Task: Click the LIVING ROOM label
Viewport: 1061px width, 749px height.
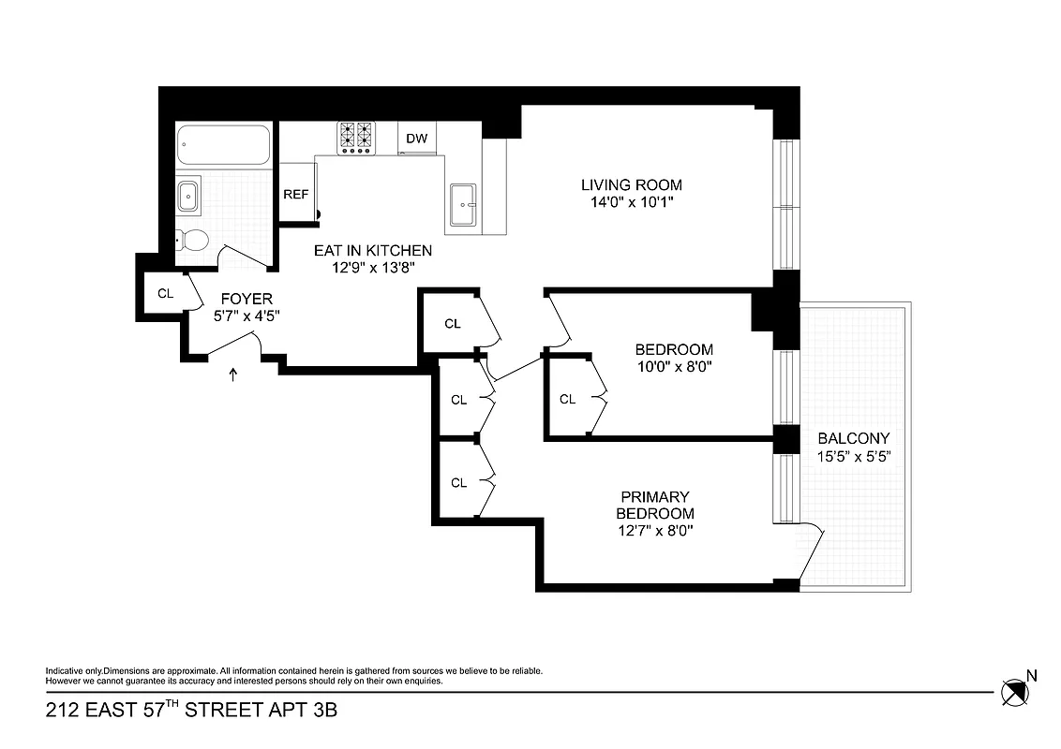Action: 631,184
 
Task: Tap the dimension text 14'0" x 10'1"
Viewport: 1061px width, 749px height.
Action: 631,201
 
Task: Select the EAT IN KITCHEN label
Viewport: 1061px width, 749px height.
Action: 372,250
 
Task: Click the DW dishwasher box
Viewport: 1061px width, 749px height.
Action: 416,139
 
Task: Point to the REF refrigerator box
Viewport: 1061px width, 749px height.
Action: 296,194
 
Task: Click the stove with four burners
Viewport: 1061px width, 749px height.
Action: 355,138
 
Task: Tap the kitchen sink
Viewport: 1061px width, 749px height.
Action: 463,204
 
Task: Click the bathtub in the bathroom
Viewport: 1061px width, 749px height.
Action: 224,146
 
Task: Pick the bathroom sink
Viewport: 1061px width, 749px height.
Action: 187,197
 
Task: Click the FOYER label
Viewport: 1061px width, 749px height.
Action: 247,299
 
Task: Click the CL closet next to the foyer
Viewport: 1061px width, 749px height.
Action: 165,293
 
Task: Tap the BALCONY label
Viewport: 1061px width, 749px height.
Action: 853,438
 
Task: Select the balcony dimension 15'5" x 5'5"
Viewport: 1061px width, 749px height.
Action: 853,457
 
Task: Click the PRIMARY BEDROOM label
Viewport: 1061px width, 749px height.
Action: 655,505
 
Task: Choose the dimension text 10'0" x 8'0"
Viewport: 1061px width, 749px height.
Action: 673,367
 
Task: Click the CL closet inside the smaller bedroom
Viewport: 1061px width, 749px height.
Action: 567,399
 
